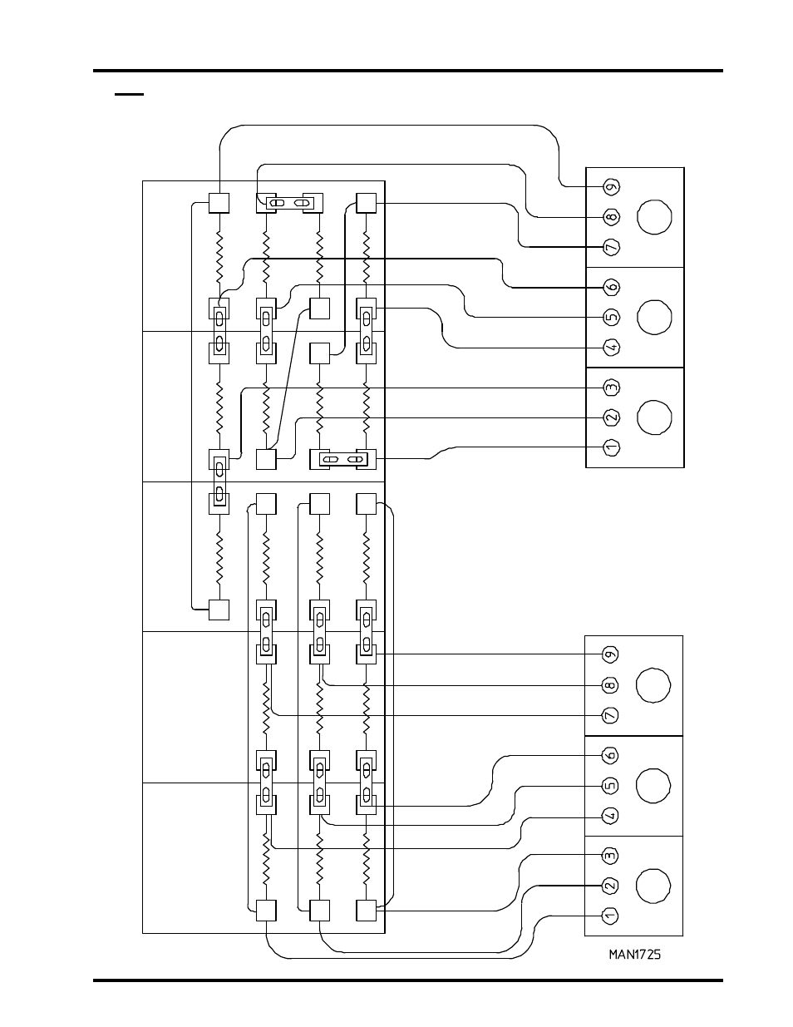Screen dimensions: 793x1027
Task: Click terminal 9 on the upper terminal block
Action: click(x=612, y=186)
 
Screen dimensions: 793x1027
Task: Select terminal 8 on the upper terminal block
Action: click(x=612, y=217)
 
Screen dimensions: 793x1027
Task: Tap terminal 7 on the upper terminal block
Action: click(x=612, y=247)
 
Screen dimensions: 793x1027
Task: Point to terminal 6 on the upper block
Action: click(x=612, y=287)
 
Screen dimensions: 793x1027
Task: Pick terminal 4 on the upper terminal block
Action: click(x=612, y=348)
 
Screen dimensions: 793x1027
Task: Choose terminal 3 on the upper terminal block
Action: click(x=612, y=388)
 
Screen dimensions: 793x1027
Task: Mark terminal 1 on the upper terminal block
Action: click(x=612, y=447)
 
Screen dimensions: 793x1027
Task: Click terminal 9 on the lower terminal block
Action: click(x=611, y=654)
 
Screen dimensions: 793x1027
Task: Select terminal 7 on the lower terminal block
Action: click(x=611, y=715)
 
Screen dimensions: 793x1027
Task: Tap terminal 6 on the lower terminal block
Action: click(x=611, y=755)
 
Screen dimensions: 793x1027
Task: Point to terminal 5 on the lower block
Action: click(x=611, y=786)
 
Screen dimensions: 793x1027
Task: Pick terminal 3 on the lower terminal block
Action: click(x=611, y=856)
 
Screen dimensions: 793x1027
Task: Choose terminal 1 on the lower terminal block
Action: click(x=611, y=916)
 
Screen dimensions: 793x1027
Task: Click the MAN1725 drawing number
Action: click(x=635, y=954)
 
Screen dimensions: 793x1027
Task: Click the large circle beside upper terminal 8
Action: click(x=655, y=217)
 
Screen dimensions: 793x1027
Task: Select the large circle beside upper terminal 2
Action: click(x=655, y=417)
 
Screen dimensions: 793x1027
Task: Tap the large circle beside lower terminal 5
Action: click(x=653, y=786)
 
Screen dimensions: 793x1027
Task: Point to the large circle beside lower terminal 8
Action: click(x=653, y=685)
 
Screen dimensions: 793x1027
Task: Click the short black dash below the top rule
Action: click(x=129, y=95)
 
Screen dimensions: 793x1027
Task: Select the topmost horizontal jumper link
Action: click(x=289, y=203)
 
